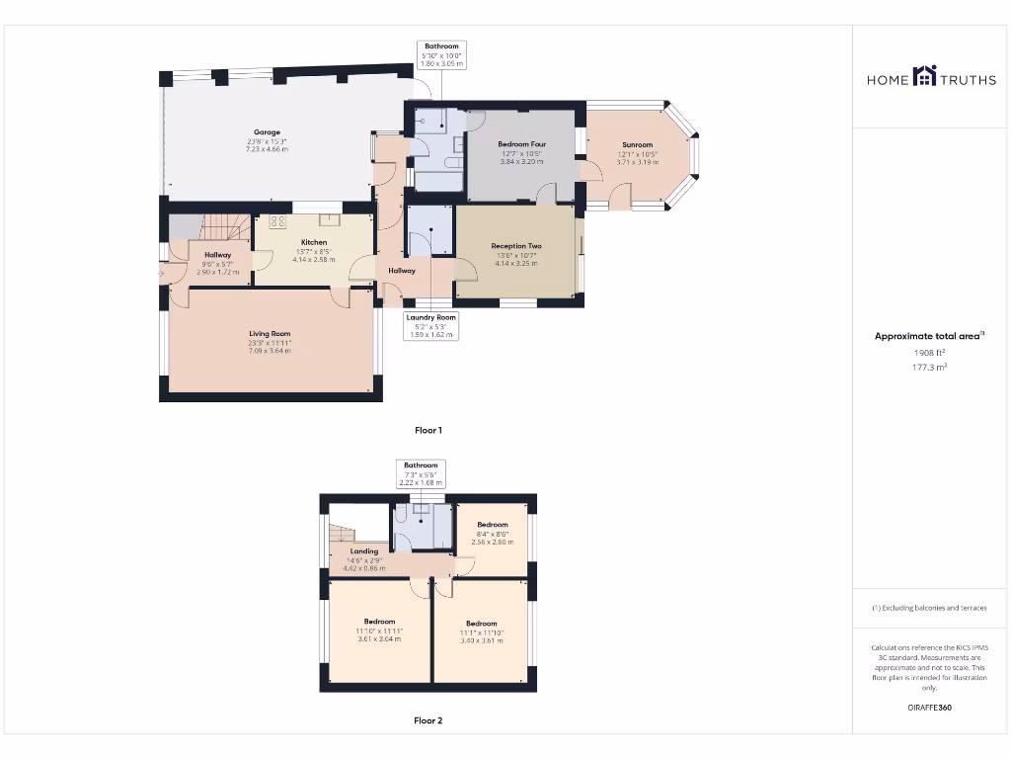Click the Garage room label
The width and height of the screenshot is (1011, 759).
(267, 132)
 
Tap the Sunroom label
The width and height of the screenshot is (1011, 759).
(637, 145)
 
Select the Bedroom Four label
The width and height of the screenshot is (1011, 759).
(522, 145)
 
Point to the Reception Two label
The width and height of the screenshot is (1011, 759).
(516, 246)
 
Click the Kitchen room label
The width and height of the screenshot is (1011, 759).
(314, 242)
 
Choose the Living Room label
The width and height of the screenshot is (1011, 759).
(270, 334)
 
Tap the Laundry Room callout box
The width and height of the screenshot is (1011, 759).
(430, 325)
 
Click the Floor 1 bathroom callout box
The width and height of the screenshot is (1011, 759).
(441, 54)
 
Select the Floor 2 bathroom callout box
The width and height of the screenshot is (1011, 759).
(421, 473)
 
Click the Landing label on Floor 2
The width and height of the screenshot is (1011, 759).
(364, 551)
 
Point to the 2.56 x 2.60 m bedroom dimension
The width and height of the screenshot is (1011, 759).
(492, 542)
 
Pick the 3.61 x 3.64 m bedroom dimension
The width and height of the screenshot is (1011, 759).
(379, 638)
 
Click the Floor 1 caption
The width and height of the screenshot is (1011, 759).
(428, 430)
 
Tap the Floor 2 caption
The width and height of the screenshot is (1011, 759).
(428, 720)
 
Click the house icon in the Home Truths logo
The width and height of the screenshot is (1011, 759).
(925, 76)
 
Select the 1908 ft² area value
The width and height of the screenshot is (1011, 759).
(929, 352)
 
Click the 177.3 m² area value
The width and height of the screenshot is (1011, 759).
(929, 367)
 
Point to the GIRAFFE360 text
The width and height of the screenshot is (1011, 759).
(929, 708)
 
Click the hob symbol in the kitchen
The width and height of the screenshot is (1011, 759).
(277, 221)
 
